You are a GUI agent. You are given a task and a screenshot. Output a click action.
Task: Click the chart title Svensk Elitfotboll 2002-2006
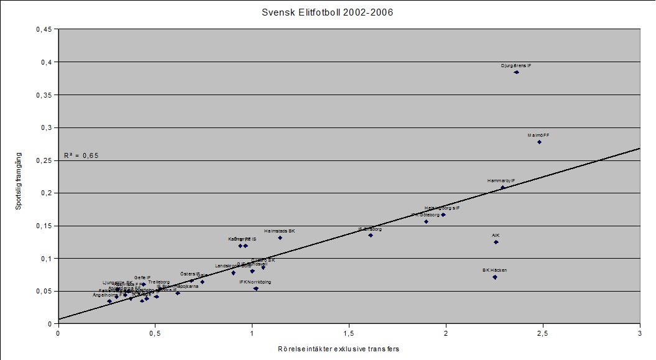click(x=328, y=12)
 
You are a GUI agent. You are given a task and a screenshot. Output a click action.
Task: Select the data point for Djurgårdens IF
click(x=517, y=72)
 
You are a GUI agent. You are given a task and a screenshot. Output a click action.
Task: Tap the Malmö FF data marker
click(x=540, y=142)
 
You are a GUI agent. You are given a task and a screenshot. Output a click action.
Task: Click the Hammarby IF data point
click(x=502, y=187)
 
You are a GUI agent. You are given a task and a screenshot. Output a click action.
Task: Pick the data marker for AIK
click(x=496, y=242)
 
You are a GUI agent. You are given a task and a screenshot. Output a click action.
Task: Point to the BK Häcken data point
click(x=495, y=277)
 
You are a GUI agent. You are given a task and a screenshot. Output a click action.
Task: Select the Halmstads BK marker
click(x=280, y=238)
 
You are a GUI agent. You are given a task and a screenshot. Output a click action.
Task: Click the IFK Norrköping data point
click(x=256, y=288)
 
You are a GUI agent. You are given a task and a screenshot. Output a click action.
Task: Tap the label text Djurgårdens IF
click(x=516, y=65)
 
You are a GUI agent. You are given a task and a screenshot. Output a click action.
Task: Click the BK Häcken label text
click(x=495, y=270)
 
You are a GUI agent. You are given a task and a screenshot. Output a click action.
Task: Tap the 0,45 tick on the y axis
click(x=44, y=29)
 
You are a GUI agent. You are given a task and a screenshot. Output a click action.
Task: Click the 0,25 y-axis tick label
click(x=44, y=160)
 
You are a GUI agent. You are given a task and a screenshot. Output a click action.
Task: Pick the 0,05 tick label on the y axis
click(x=44, y=291)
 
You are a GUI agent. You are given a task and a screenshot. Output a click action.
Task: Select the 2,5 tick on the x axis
click(x=543, y=333)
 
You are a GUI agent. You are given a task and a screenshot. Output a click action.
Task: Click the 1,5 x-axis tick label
click(x=349, y=333)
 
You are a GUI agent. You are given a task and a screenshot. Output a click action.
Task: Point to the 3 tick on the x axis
click(x=640, y=333)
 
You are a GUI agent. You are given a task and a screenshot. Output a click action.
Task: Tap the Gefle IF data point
click(x=144, y=284)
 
